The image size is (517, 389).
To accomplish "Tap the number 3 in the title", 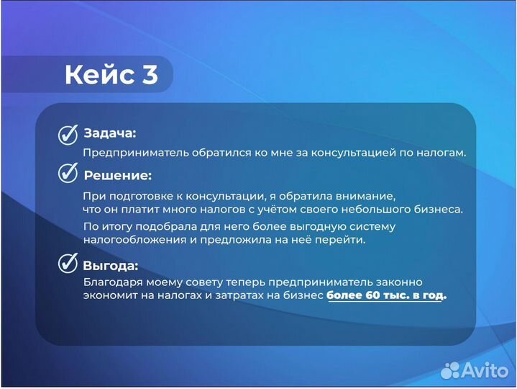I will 150,75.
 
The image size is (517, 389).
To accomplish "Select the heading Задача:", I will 109,133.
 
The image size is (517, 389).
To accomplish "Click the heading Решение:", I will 117,175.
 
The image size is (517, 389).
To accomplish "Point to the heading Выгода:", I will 110,265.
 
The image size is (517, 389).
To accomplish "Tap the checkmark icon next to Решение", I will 68,173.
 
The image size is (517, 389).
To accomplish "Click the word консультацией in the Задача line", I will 359,153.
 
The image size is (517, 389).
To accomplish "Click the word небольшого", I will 378,210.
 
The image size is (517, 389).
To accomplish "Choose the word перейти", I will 343,240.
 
